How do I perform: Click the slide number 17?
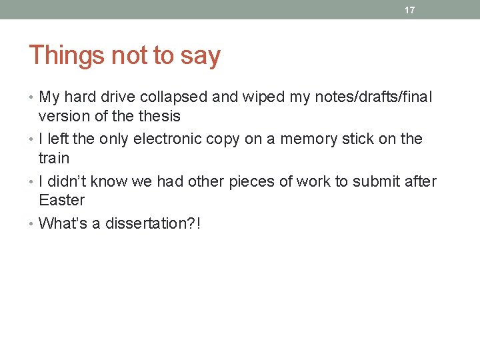tap(409, 10)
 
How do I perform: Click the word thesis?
tap(159, 117)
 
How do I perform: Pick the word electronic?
tap(166, 139)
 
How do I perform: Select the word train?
tap(53, 159)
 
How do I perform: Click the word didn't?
tap(66, 181)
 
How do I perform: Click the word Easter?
tap(61, 200)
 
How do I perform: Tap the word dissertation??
tap(153, 223)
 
